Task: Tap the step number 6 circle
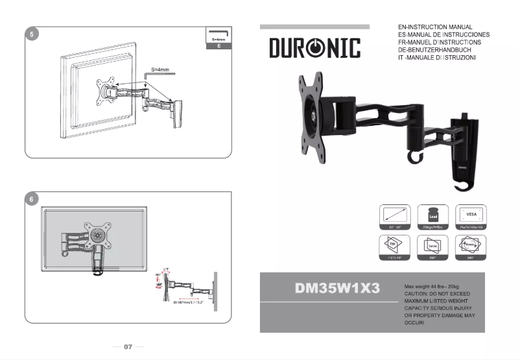(x=30, y=199)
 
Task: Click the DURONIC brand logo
(x=314, y=48)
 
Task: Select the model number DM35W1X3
(x=337, y=289)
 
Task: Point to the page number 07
(x=128, y=347)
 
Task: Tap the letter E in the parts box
(x=219, y=47)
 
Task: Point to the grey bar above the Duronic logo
(x=314, y=27)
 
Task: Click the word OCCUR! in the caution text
(x=416, y=322)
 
